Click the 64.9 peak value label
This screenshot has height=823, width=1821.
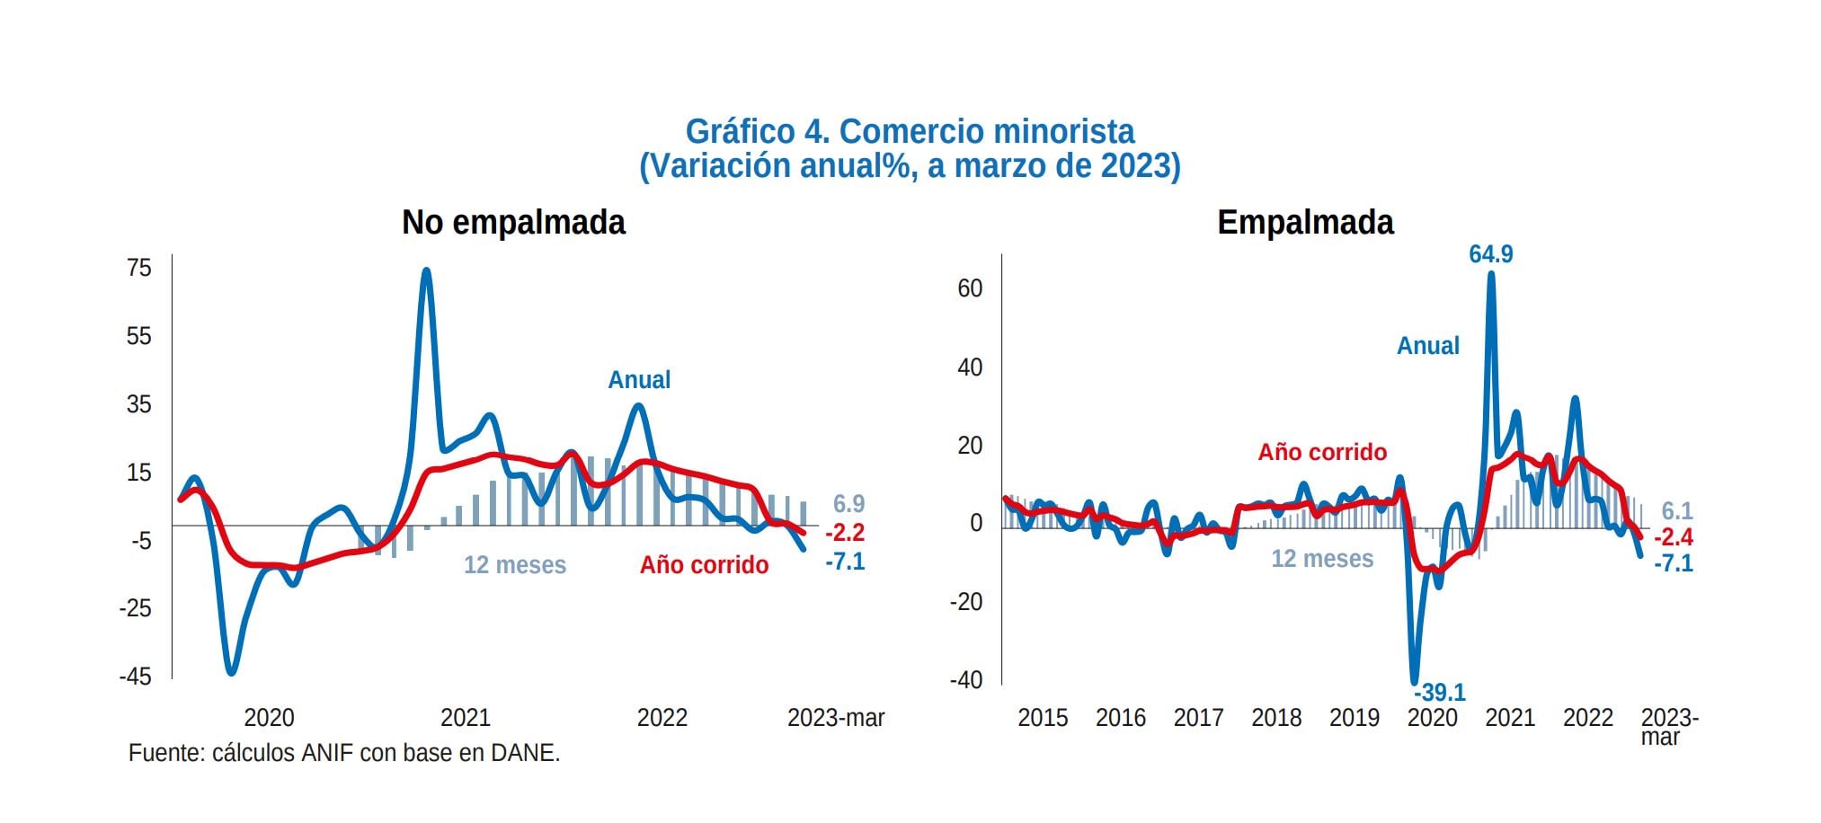pos(1490,254)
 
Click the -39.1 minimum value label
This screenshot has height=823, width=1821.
pos(1439,693)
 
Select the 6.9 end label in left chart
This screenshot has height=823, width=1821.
pos(848,504)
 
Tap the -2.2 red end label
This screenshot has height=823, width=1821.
pos(844,533)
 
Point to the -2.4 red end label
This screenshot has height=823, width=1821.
pos(1673,537)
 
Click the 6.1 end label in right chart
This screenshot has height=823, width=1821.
pos(1676,511)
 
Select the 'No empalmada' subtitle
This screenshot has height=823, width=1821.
pos(513,222)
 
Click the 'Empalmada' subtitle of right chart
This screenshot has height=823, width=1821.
pos(1304,222)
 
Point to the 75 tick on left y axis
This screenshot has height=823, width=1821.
pos(139,268)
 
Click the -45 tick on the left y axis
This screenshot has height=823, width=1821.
pos(135,677)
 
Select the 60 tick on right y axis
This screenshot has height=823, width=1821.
pos(970,288)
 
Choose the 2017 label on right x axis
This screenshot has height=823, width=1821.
pos(1197,718)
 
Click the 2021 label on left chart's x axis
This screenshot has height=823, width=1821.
pos(466,718)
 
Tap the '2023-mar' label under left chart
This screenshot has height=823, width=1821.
pos(835,718)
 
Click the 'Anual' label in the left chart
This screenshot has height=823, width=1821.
pos(639,380)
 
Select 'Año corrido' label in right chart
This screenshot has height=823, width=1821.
pos(1321,452)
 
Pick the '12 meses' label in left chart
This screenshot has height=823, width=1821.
pos(514,565)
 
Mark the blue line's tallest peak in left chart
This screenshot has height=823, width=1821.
pos(426,270)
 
